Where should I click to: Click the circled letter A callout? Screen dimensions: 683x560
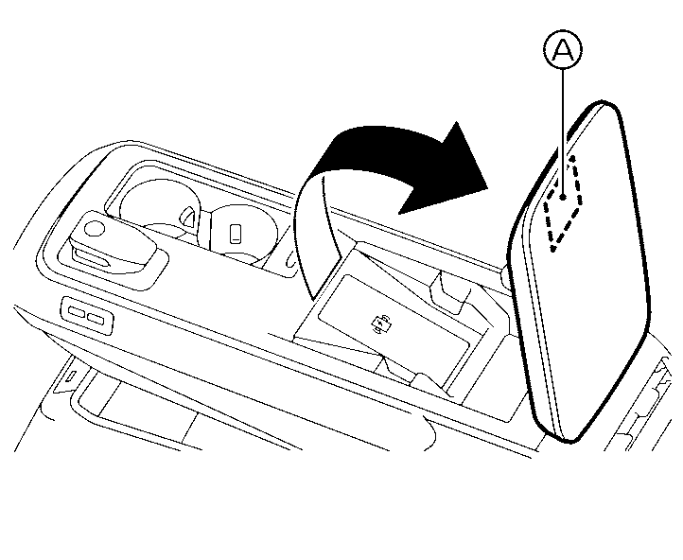click(563, 50)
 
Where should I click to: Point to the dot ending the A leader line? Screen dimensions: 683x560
click(563, 197)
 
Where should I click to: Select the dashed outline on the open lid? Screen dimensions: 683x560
click(563, 203)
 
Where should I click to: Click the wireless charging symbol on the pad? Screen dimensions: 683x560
click(379, 324)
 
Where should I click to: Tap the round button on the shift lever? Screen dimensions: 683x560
click(95, 228)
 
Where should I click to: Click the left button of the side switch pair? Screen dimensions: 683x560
click(77, 312)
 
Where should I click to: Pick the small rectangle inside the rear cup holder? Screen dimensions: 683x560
click(236, 234)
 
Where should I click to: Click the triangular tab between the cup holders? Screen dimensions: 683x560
click(188, 217)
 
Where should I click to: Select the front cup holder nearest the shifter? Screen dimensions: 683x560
click(160, 204)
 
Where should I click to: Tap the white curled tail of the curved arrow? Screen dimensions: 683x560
click(318, 236)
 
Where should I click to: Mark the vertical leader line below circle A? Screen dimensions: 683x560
click(563, 131)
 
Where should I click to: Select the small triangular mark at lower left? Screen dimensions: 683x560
click(72, 375)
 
